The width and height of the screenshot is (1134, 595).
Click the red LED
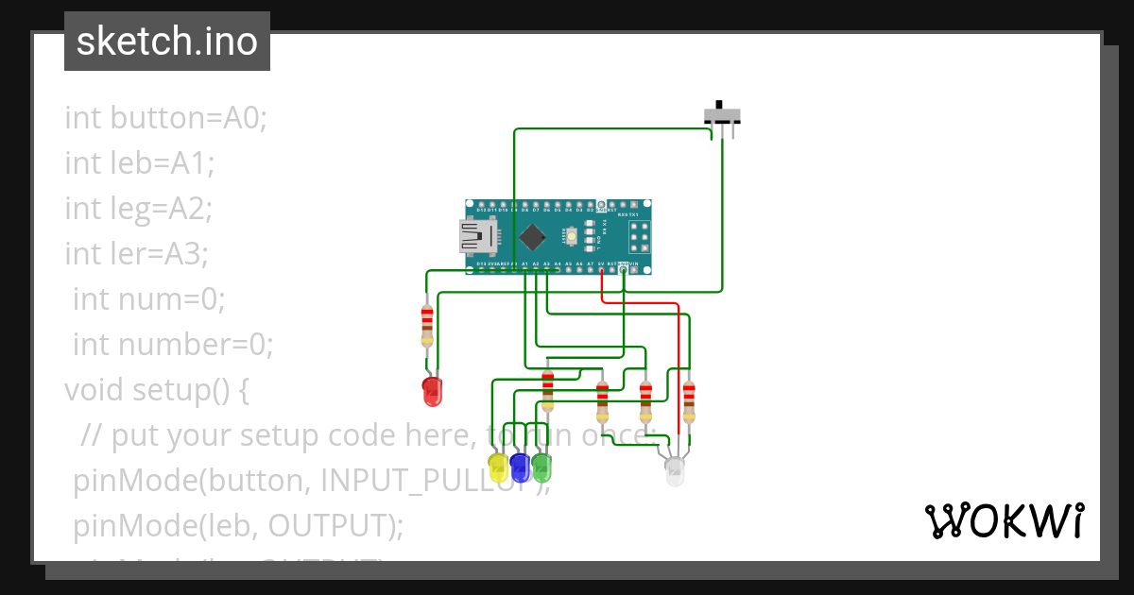coord(432,390)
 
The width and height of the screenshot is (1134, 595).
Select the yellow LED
coord(498,467)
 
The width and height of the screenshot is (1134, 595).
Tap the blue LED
coord(520,467)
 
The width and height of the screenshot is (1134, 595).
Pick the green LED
coord(541,467)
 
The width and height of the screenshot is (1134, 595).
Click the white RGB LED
coord(675,471)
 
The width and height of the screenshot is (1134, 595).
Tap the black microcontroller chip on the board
coord(533,237)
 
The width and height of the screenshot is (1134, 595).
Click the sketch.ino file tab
coord(167,42)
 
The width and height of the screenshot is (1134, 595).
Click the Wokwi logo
coord(1004,520)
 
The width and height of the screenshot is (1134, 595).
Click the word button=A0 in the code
coord(189,118)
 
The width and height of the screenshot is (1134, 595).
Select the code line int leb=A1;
coord(140,163)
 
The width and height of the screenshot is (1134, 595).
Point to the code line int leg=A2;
coord(139,209)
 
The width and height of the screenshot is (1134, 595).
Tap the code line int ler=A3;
coord(136,254)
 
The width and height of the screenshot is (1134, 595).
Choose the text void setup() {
coord(157,389)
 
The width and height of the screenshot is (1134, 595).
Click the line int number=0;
coord(173,345)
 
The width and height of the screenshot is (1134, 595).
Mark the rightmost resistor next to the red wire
coord(689,401)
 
